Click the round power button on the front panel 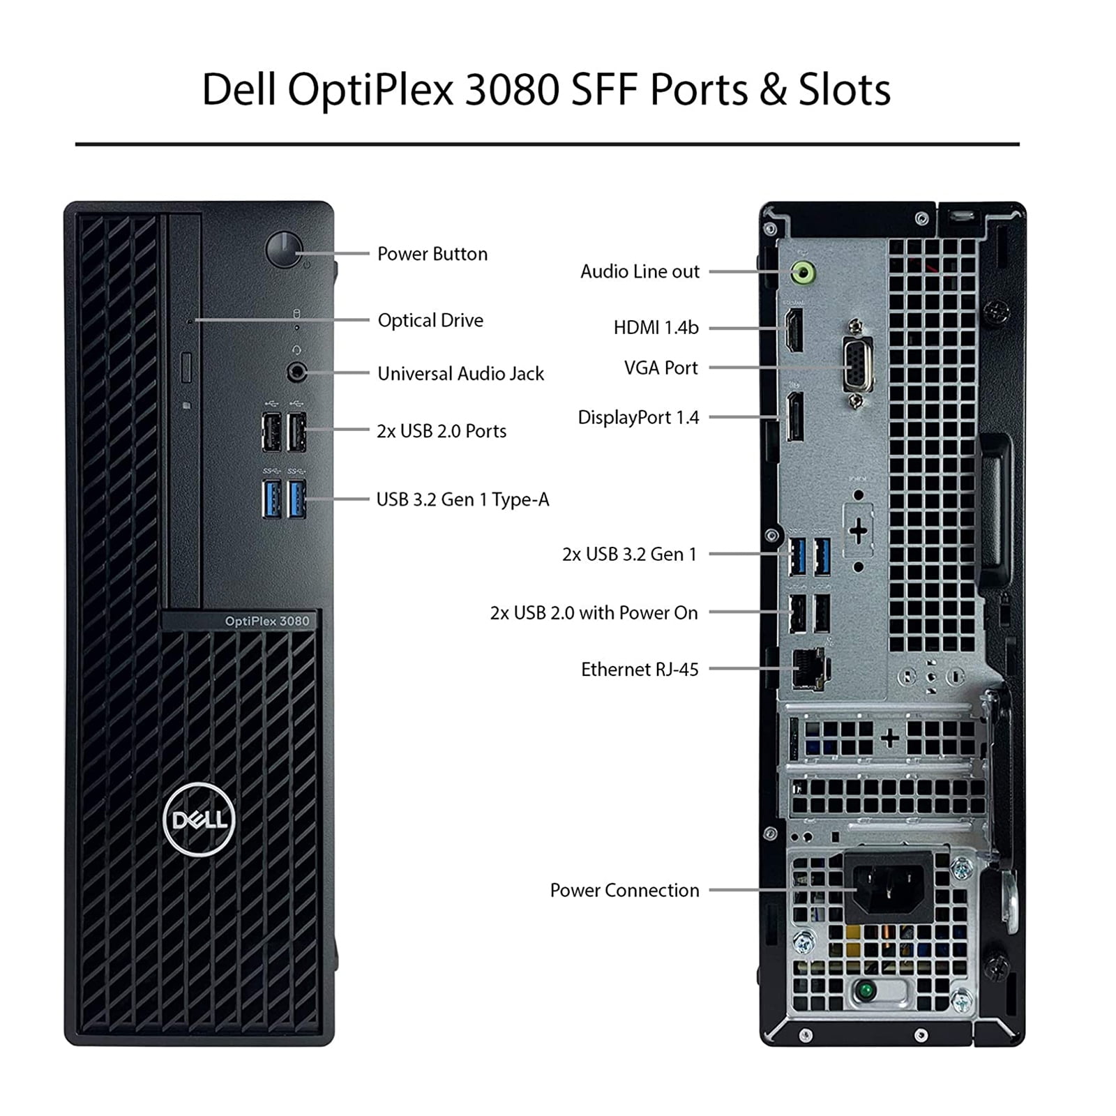(x=284, y=250)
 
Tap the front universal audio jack (x=297, y=372)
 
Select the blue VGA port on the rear (x=857, y=365)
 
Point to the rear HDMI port (x=794, y=330)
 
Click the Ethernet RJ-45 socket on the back (x=809, y=669)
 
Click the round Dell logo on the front (x=199, y=819)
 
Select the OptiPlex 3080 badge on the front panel (x=266, y=621)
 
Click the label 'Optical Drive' (x=430, y=320)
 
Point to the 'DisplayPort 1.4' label (x=638, y=417)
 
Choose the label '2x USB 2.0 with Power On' (x=594, y=612)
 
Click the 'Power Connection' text (x=624, y=890)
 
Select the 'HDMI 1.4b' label (x=656, y=327)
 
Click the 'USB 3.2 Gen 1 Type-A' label (x=462, y=499)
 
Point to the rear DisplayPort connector (x=794, y=417)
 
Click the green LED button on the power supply (x=866, y=988)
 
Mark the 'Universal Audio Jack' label (x=460, y=373)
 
